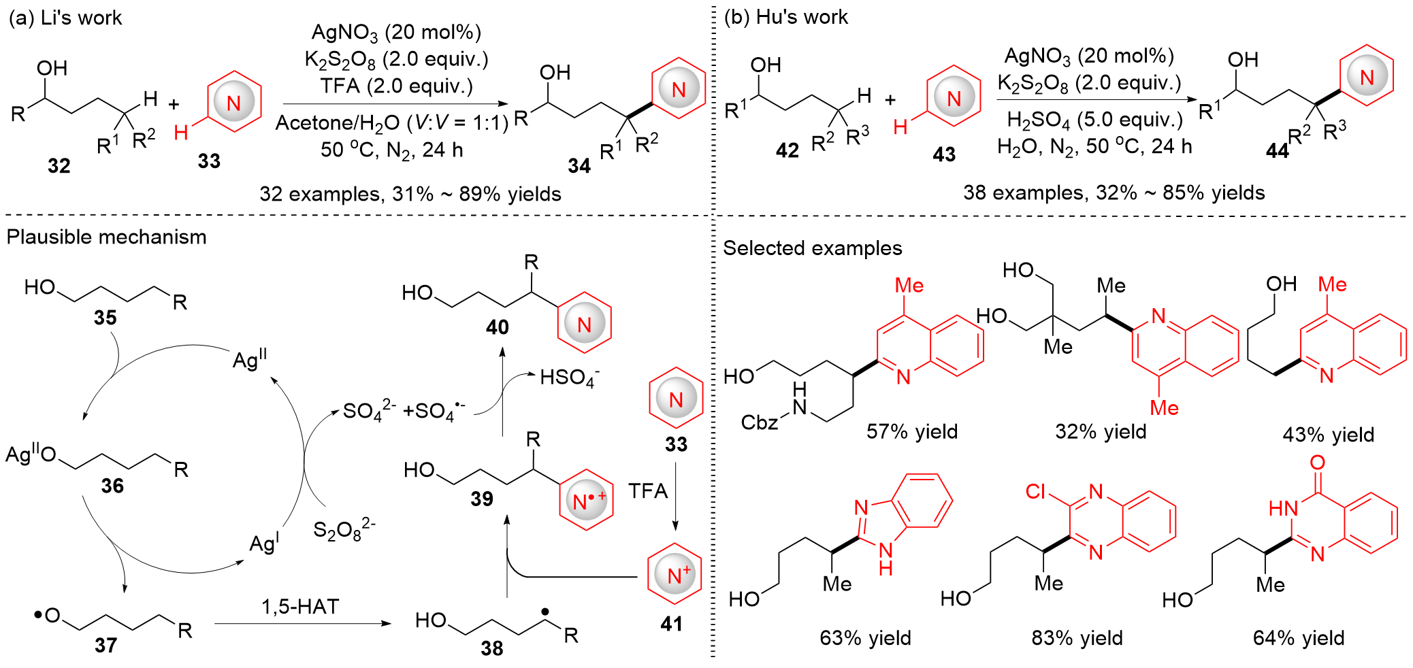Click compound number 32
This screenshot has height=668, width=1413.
(59, 165)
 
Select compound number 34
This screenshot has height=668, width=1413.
(579, 165)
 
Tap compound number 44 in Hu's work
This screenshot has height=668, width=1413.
(1277, 151)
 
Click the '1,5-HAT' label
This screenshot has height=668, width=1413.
(300, 606)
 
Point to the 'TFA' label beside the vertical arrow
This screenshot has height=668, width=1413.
(647, 490)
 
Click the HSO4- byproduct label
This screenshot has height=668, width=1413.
(569, 378)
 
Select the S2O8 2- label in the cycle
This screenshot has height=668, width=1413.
(344, 529)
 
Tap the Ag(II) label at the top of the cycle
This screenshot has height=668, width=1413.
(250, 358)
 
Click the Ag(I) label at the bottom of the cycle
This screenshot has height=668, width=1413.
(264, 543)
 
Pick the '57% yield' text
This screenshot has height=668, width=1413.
(912, 431)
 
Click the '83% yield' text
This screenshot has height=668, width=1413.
(1077, 637)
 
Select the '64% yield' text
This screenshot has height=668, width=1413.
(1298, 637)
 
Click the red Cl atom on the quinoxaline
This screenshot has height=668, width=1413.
(1035, 491)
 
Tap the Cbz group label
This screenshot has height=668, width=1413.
(759, 422)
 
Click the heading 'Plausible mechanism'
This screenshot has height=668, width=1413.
(107, 237)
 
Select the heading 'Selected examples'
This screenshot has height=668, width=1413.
(812, 248)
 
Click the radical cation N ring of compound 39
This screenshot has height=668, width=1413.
(586, 501)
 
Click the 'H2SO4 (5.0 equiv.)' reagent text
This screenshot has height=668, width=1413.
(1094, 120)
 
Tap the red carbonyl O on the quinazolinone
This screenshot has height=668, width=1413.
(1318, 463)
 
